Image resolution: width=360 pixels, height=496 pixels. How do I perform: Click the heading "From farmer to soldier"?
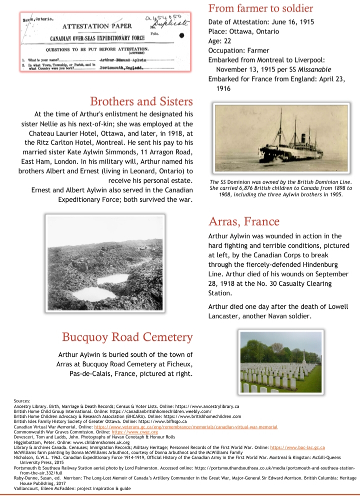[x=260, y=8]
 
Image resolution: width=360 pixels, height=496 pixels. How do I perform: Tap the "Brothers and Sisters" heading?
[x=141, y=102]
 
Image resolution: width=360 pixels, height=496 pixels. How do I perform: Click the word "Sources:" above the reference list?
[x=23, y=400]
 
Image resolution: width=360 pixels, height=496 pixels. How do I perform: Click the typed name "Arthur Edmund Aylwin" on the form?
[x=120, y=60]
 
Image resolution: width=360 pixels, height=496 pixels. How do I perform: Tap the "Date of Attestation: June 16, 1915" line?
[x=264, y=22]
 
